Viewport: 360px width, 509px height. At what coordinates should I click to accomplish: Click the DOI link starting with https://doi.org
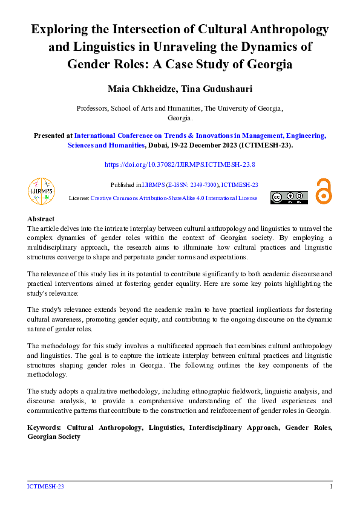180,164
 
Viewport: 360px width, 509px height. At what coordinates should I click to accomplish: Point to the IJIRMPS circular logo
42,191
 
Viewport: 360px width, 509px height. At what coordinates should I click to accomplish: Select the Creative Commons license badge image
289,198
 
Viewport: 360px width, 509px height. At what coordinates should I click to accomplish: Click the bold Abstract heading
41,219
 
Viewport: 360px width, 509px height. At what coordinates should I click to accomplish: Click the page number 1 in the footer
331,487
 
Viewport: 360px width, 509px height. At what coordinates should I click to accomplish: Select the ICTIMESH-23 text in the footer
45,487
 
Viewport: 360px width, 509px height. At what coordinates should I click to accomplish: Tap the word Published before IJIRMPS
125,185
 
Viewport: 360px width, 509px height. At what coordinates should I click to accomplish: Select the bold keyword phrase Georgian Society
54,436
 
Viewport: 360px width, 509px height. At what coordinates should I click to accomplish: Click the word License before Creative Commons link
79,198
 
